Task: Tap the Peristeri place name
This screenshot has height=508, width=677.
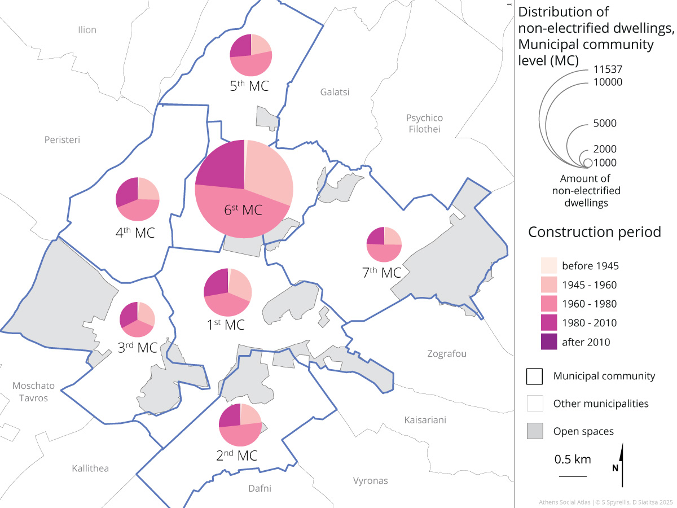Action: coord(62,139)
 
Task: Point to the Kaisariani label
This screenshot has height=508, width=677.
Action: coord(425,420)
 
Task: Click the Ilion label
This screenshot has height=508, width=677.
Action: coord(87,30)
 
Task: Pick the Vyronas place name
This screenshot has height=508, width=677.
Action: coord(370,481)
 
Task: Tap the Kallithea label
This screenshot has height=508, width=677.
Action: coord(90,468)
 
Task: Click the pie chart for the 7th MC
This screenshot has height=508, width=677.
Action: coord(384,244)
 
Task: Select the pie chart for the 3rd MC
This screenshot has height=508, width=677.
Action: coord(137,319)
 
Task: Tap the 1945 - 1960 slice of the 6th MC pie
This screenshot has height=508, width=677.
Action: coord(270,172)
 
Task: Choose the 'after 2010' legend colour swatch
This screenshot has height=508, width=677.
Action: coord(548,342)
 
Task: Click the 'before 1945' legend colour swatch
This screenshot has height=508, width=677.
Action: coord(548,265)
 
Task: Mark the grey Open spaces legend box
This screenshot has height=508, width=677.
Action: coord(535,431)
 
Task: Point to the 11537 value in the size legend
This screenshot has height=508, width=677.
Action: coord(607,70)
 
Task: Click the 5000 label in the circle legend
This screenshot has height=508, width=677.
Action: coord(604,124)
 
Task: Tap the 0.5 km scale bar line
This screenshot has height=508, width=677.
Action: coord(573,476)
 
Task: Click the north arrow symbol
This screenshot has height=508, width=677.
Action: coord(622,465)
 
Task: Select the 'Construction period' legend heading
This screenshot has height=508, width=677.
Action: coord(594,232)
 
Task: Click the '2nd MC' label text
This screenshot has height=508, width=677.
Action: coord(237,456)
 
